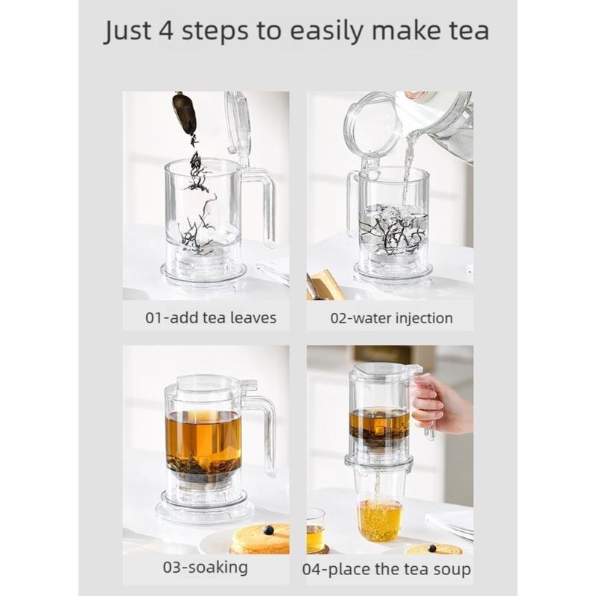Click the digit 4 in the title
click(165, 30)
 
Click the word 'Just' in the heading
click(127, 31)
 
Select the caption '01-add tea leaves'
click(211, 318)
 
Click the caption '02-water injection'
click(392, 318)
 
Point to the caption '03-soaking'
click(206, 568)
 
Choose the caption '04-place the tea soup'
click(386, 569)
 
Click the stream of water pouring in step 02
click(408, 167)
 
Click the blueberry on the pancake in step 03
click(269, 530)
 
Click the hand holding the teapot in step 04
click(437, 407)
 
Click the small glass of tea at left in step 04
click(315, 530)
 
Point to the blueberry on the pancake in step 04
click(432, 548)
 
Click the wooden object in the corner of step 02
click(323, 285)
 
